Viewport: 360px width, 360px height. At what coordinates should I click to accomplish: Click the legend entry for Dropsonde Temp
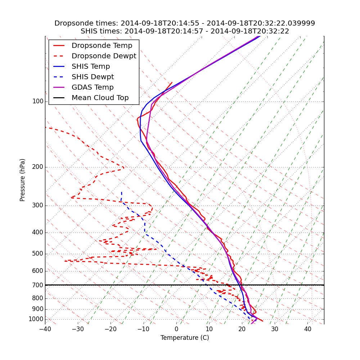(102, 46)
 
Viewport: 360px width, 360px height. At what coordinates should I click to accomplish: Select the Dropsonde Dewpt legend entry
(104, 56)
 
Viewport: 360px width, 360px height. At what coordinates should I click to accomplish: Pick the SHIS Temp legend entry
(91, 67)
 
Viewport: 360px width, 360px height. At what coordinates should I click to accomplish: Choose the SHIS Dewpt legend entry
(93, 77)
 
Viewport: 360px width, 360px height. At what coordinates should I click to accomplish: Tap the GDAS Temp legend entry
(93, 87)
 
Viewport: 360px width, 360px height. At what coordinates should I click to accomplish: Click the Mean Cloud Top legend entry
(100, 98)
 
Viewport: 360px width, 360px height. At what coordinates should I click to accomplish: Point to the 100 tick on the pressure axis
(38, 102)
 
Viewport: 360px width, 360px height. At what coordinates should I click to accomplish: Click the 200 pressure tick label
(38, 167)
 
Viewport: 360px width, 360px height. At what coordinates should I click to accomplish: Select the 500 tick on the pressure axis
(38, 254)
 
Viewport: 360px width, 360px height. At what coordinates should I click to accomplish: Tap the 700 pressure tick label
(38, 285)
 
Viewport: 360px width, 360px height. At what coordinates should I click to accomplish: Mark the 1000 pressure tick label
(36, 319)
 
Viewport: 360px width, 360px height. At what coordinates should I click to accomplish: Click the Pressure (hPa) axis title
(23, 180)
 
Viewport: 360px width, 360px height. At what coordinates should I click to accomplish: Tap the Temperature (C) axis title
(185, 338)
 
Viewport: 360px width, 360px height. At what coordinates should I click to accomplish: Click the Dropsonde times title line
(185, 23)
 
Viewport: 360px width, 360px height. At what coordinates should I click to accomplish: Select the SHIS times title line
(185, 31)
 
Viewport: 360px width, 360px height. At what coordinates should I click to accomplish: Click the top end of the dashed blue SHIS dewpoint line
(122, 192)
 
